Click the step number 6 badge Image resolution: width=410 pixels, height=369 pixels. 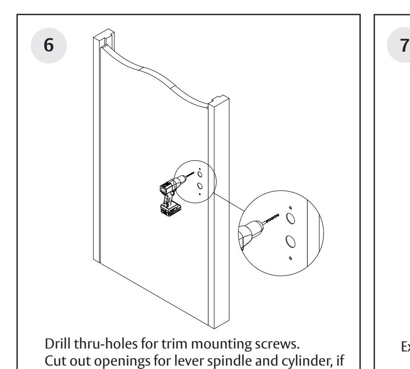49,45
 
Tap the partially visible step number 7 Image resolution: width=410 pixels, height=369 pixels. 404,45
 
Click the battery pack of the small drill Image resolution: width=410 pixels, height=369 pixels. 171,210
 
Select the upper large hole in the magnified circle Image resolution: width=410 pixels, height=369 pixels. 290,218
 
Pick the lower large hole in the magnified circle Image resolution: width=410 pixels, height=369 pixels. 290,241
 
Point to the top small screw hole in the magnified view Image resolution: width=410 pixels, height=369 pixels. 290,208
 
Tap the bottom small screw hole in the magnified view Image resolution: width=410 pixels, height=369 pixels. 290,258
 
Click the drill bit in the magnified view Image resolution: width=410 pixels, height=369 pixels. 271,219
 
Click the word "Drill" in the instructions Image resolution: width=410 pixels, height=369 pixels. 58,344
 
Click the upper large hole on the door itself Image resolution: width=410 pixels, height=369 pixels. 200,175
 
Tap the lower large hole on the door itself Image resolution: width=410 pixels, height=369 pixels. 200,186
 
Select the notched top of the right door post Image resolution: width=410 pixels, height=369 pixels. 219,101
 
